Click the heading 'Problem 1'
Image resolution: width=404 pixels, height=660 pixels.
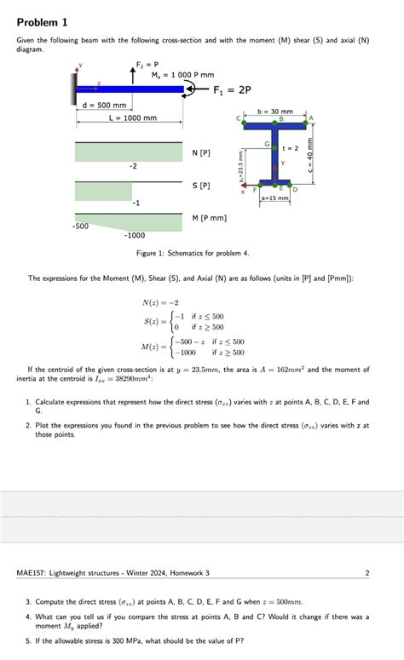pyautogui.click(x=41, y=20)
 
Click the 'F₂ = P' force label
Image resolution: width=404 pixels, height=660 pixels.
pyautogui.click(x=147, y=64)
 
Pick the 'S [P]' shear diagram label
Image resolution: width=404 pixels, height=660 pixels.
pyautogui.click(x=202, y=185)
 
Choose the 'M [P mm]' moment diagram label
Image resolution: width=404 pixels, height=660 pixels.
pyautogui.click(x=210, y=218)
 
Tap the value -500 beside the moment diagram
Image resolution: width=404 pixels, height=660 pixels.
pyautogui.click(x=81, y=227)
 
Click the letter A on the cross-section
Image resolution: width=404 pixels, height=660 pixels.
pyautogui.click(x=311, y=118)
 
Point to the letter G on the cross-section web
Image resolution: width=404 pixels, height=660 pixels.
pyautogui.click(x=268, y=146)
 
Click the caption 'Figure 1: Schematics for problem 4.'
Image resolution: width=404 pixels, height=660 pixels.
pyautogui.click(x=193, y=254)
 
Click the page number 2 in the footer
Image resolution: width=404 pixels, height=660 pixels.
pyautogui.click(x=367, y=573)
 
